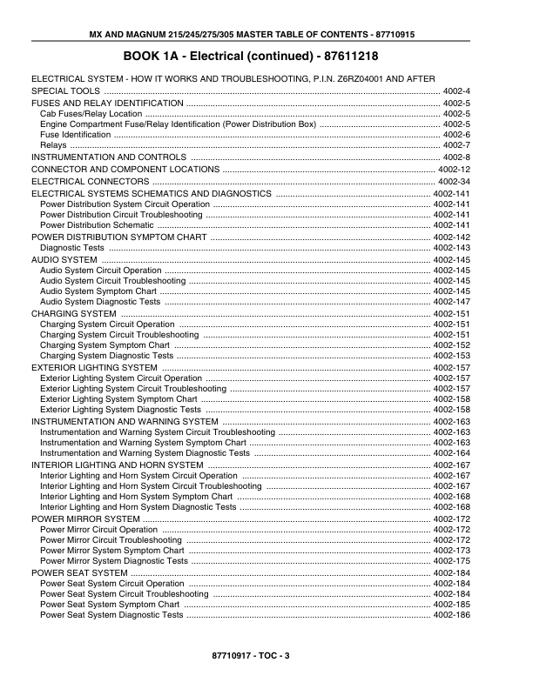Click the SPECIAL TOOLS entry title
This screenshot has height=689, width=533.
coord(66,91)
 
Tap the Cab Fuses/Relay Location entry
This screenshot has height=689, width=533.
coord(91,114)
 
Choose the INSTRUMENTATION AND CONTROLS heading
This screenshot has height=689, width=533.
coord(109,157)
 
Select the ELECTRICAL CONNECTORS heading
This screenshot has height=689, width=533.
coord(90,181)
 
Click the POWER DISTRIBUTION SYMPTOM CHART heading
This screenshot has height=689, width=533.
coord(118,237)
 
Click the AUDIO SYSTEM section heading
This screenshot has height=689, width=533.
coord(64,259)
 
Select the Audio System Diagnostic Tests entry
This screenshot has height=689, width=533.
coord(100,302)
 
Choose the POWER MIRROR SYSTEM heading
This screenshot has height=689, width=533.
coord(85,518)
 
